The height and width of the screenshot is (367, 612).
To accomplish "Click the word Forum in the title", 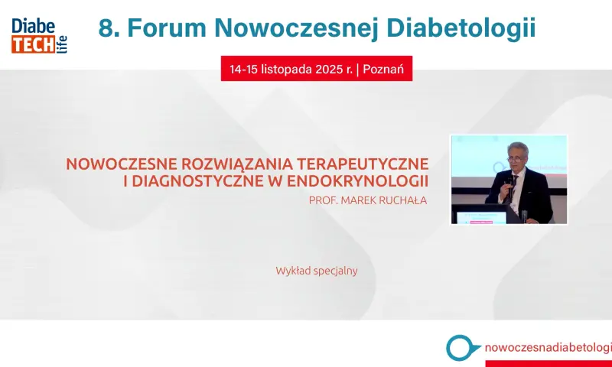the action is (x=167, y=28).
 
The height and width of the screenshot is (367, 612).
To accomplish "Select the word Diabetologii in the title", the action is (x=461, y=29).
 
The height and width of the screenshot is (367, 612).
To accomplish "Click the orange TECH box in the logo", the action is (x=33, y=45).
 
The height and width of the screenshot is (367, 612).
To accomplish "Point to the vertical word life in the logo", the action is (x=62, y=45).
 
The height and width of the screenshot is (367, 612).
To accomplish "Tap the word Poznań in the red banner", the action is (x=383, y=69).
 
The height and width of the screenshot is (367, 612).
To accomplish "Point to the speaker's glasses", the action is (x=515, y=160).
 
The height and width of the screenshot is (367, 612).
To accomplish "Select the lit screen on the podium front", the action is (x=481, y=218).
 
